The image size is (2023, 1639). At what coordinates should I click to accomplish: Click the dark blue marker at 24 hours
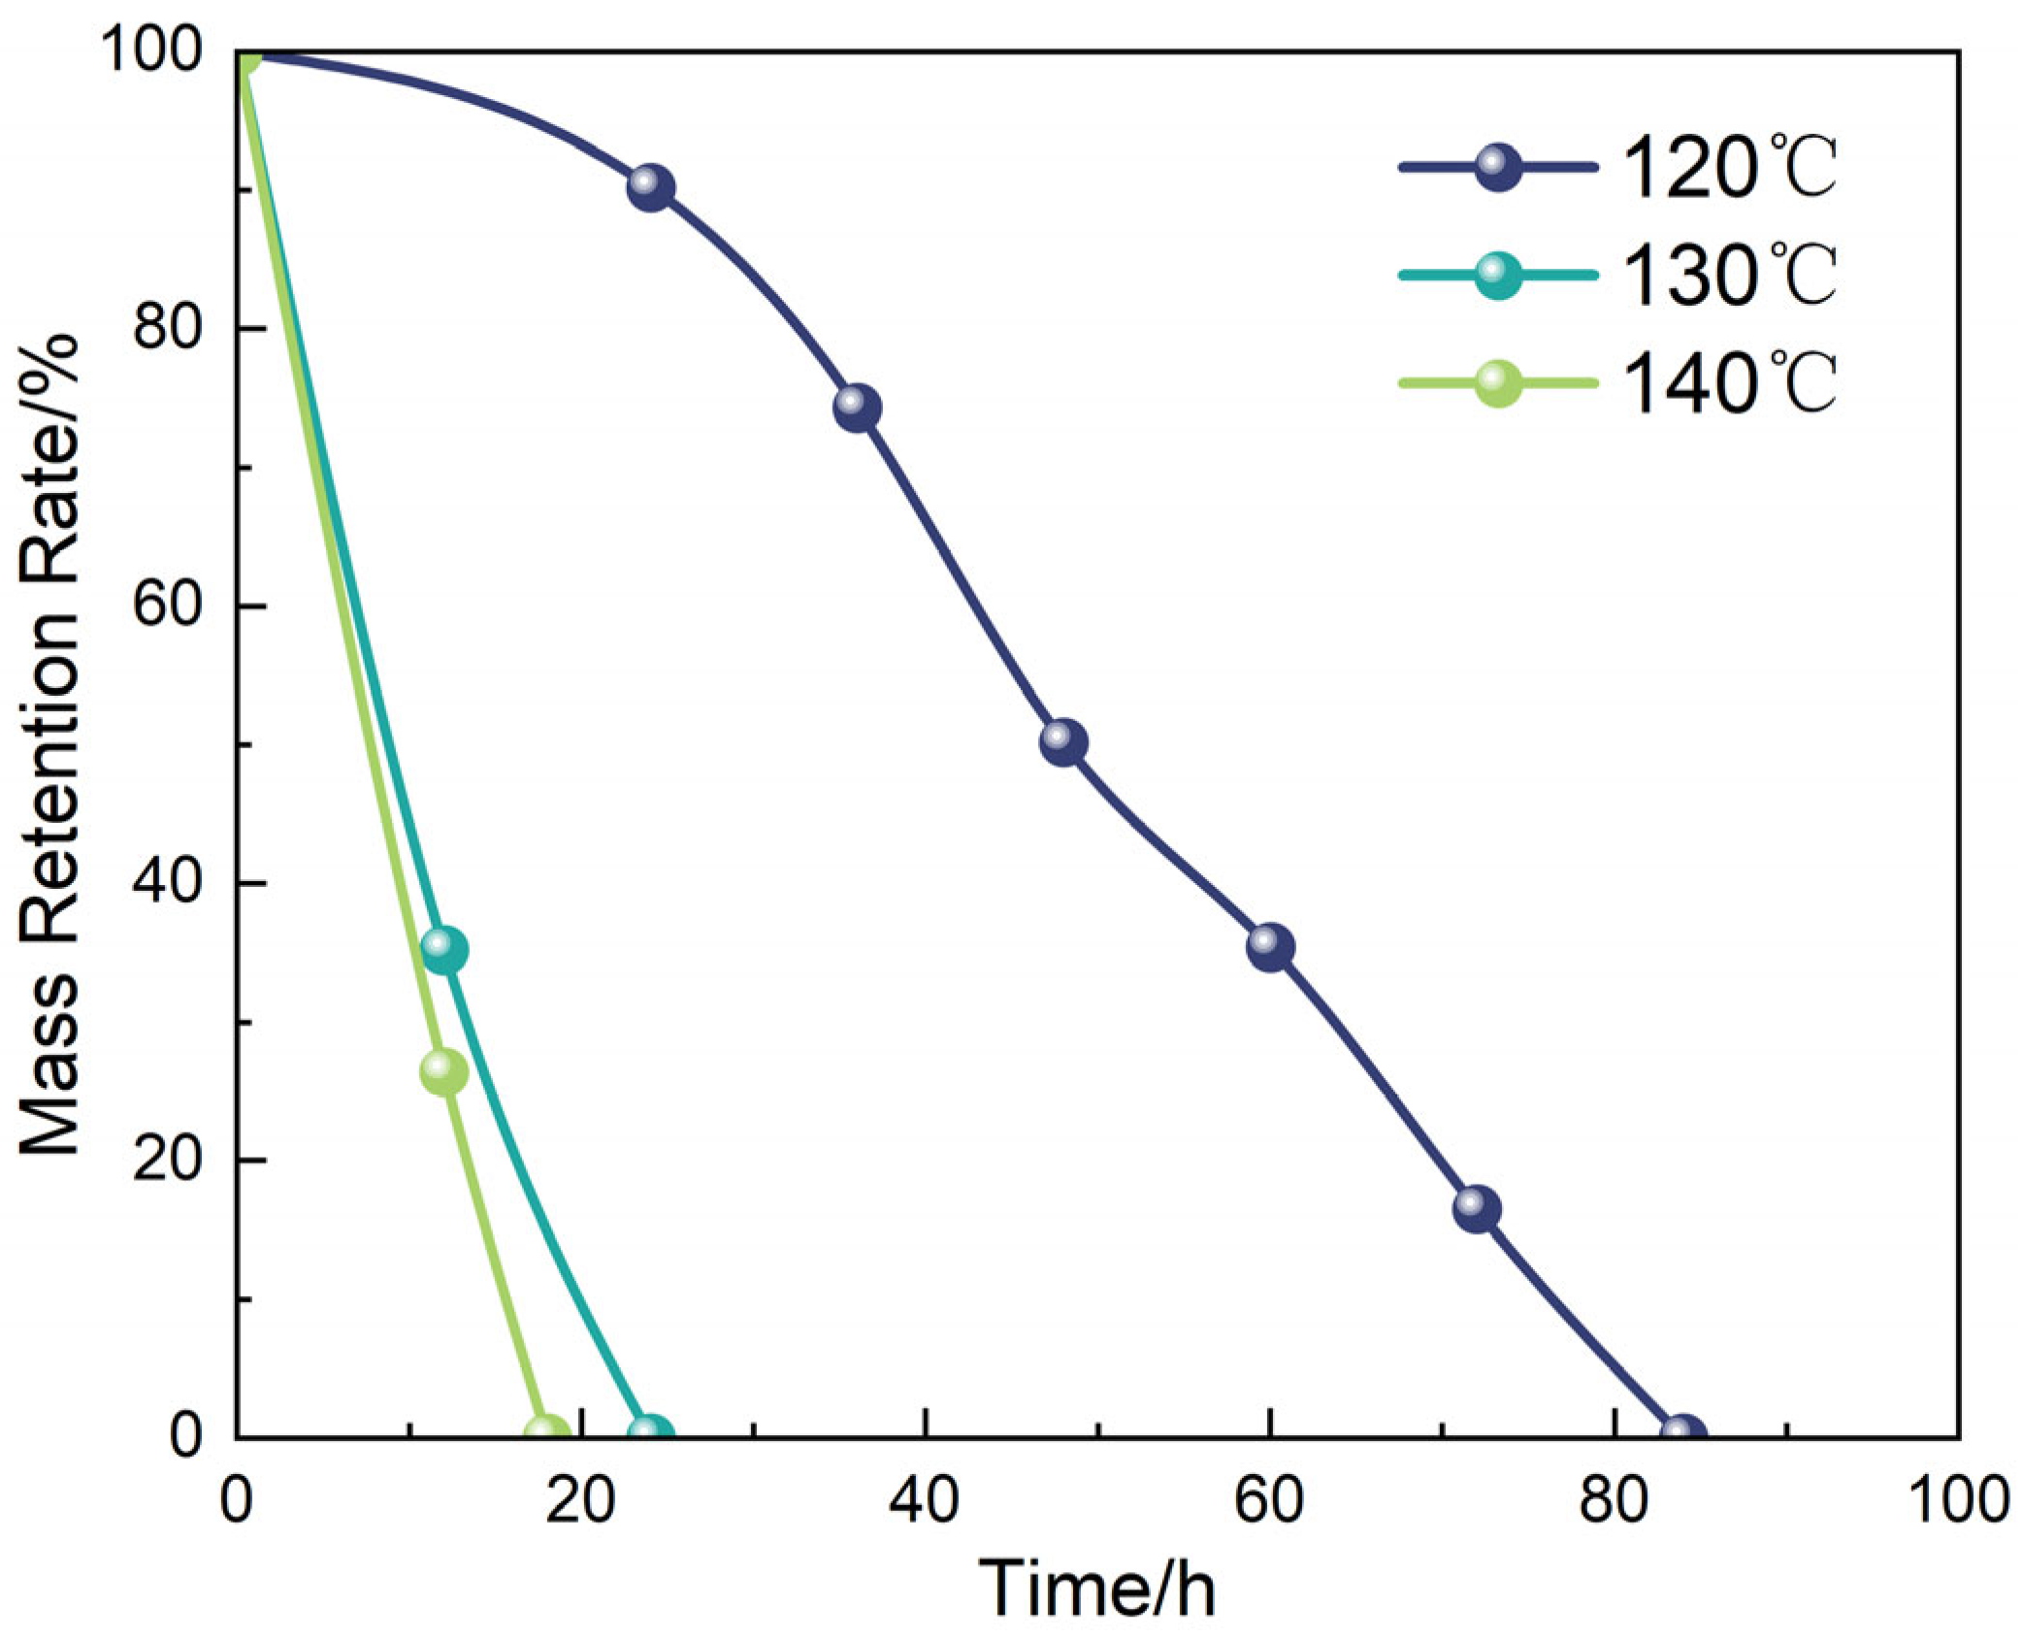tap(651, 187)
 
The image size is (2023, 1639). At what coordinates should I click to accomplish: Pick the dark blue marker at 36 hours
tap(858, 409)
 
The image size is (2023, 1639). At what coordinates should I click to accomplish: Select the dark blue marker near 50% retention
tap(1064, 743)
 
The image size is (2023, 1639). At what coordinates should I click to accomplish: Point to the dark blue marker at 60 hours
tap(1271, 947)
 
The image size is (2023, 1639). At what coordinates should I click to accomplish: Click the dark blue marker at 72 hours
tap(1478, 1209)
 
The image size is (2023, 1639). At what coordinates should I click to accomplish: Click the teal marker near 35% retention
tap(445, 950)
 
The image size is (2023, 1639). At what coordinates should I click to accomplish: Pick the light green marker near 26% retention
tap(444, 1072)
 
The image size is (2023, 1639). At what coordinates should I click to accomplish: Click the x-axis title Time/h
tap(1097, 1588)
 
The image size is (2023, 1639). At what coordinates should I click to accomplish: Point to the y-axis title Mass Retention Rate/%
tap(50, 745)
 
